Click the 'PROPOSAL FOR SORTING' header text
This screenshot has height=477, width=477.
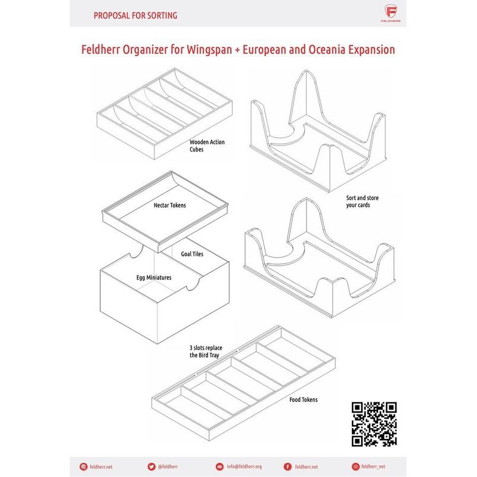135,16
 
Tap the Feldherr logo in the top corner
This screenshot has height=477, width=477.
391,13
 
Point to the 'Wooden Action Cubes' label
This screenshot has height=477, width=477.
206,146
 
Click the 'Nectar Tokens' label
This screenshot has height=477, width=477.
169,206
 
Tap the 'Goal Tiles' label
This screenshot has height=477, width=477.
192,254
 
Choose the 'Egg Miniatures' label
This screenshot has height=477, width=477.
154,278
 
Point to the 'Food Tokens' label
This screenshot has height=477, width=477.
303,399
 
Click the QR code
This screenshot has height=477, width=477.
374,424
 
